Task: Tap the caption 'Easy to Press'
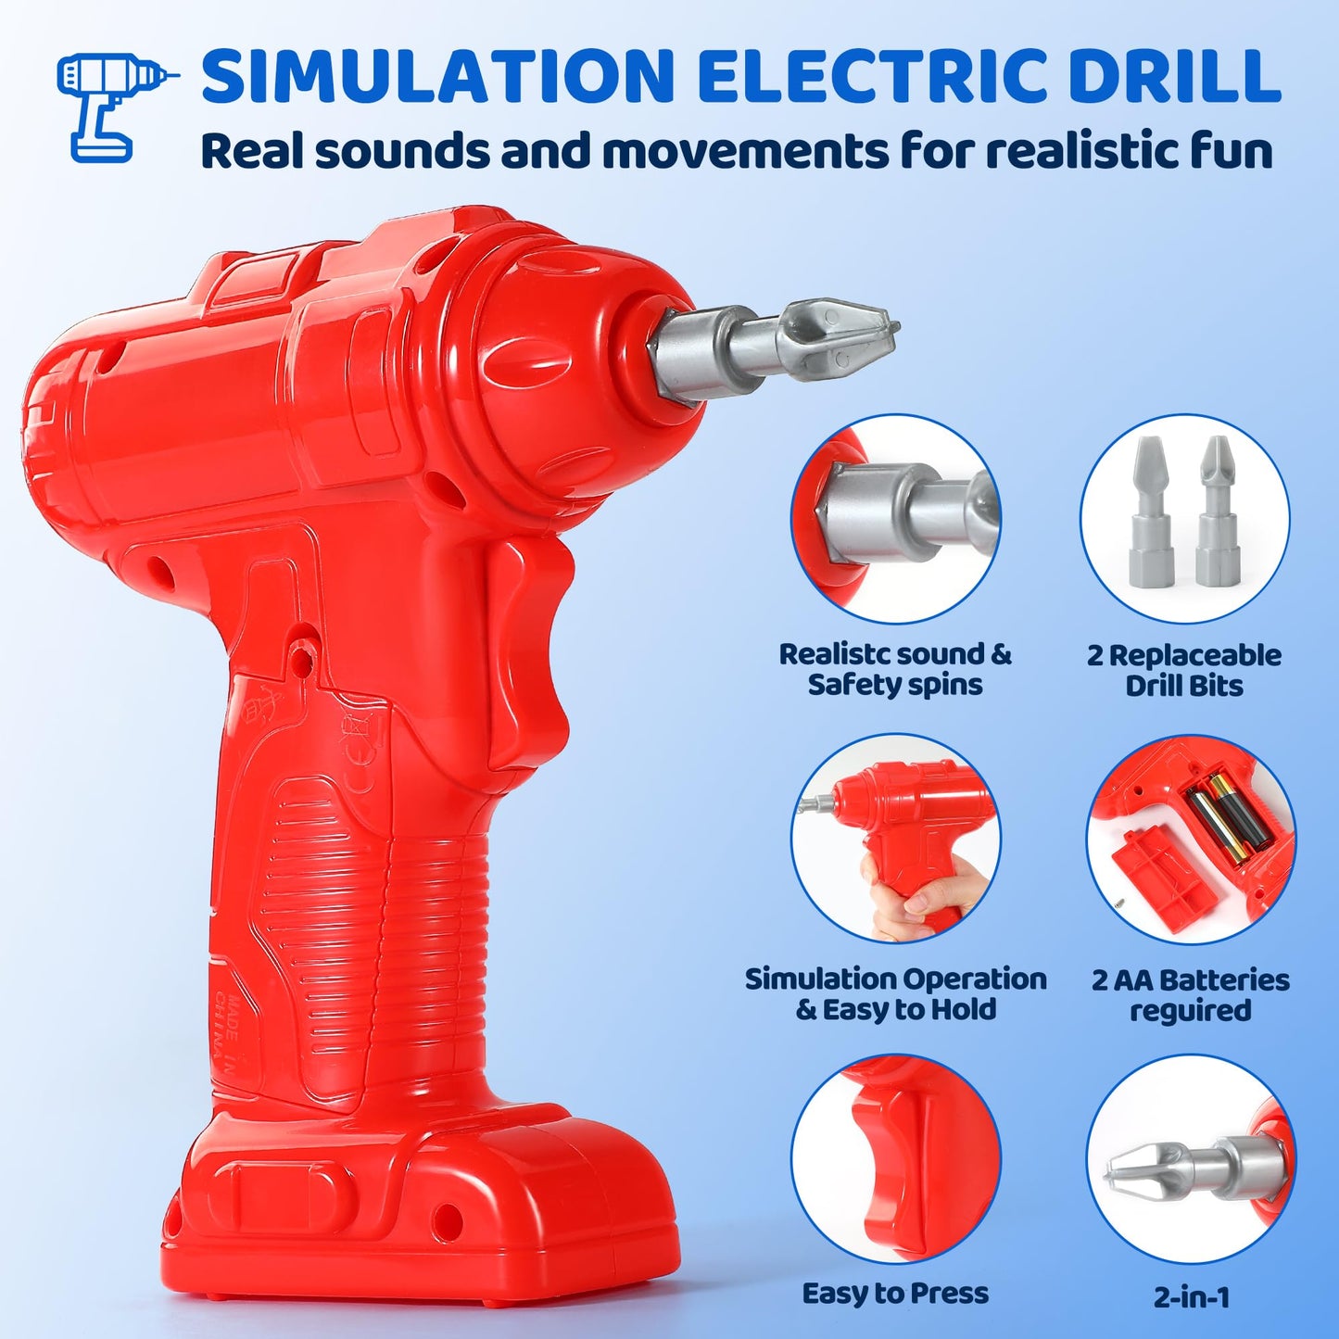click(895, 1294)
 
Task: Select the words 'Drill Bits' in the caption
click(1184, 685)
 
